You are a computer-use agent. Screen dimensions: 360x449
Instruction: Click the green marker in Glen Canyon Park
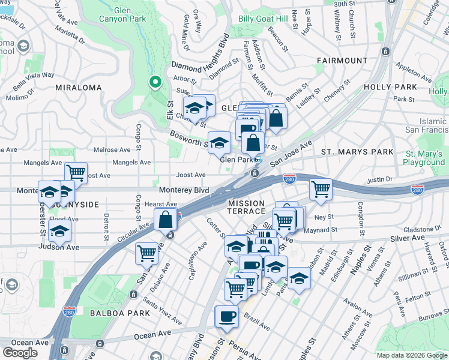pos(155,83)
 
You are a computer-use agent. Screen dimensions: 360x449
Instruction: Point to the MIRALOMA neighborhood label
pos(79,88)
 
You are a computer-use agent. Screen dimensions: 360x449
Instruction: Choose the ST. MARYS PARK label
pos(357,152)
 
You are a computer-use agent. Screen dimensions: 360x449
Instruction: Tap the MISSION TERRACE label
pos(246,208)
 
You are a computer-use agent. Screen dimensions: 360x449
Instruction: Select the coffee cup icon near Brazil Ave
pos(226,316)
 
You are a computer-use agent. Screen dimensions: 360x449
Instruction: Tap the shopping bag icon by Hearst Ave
pos(165,219)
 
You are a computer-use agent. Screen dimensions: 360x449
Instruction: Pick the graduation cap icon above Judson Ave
pos(60,230)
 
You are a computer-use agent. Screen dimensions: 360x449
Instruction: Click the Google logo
pos(20,353)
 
